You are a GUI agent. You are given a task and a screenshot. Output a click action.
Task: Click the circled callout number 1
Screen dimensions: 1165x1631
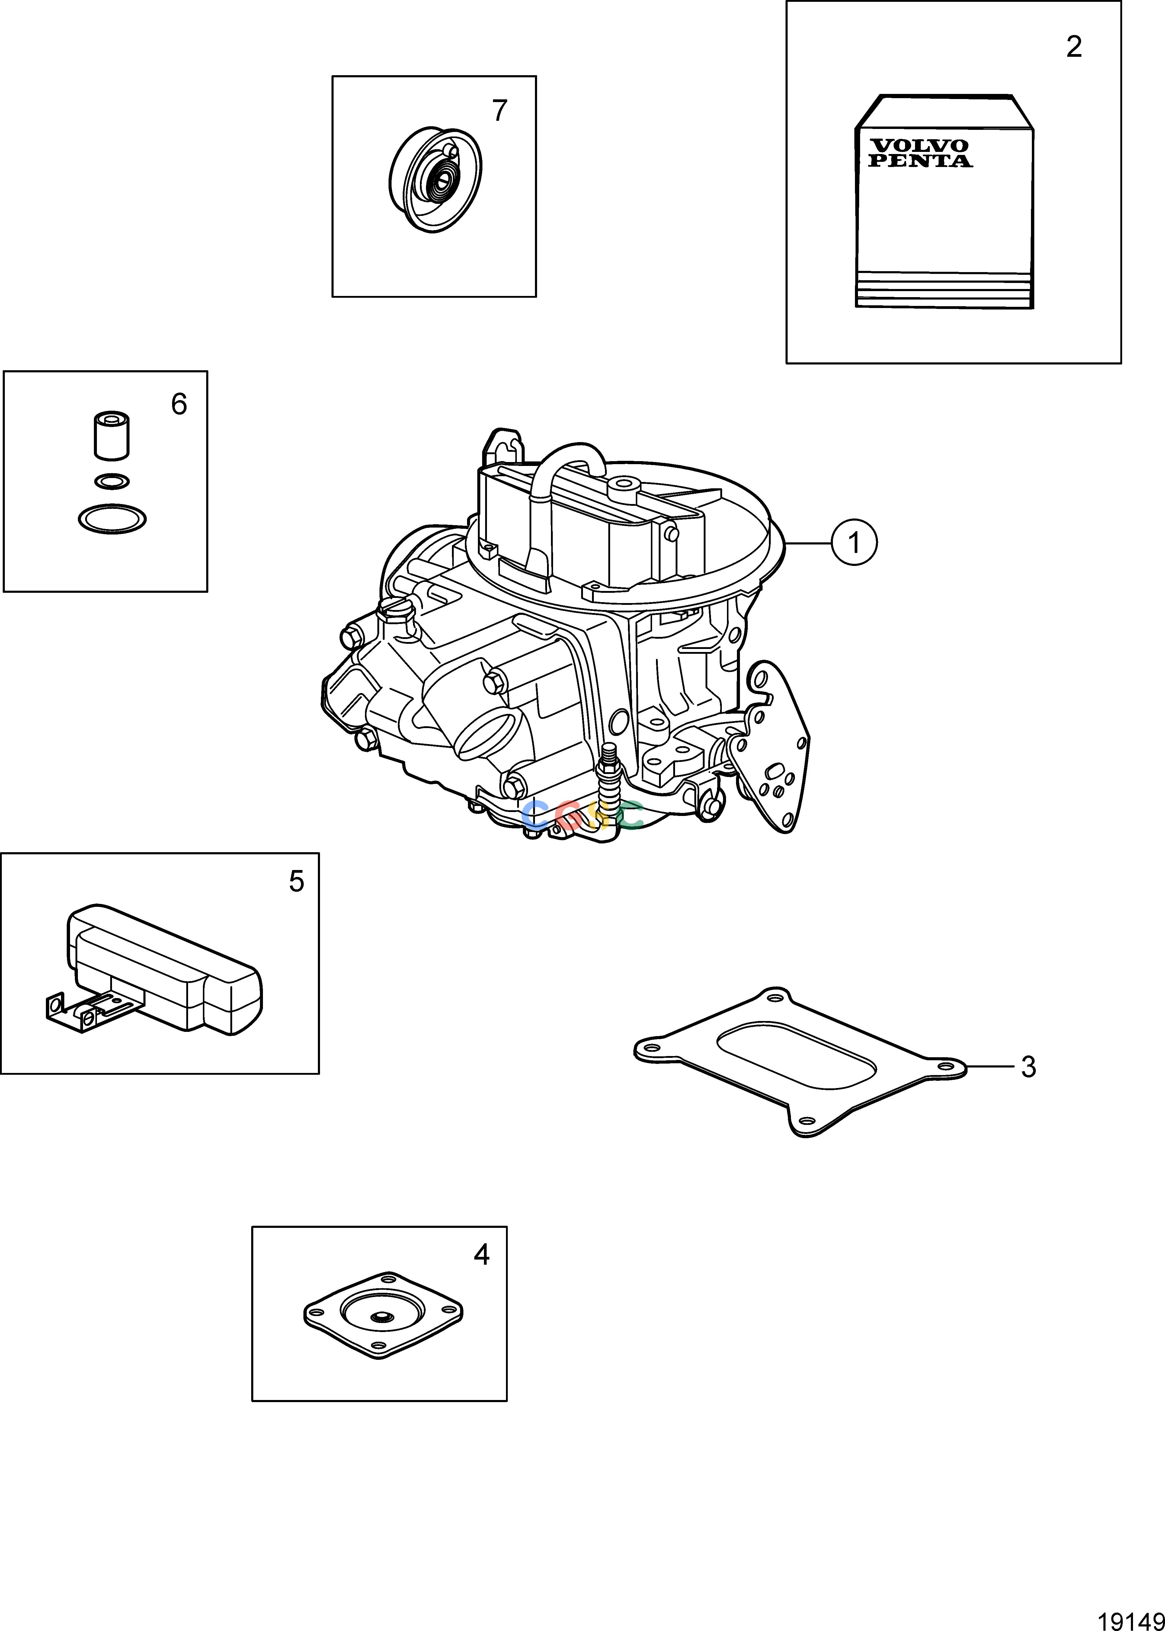pyautogui.click(x=854, y=543)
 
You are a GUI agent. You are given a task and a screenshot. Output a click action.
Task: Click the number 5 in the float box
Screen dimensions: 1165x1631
pyautogui.click(x=296, y=881)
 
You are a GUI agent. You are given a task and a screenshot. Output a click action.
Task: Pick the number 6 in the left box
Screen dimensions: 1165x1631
pyautogui.click(x=179, y=405)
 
